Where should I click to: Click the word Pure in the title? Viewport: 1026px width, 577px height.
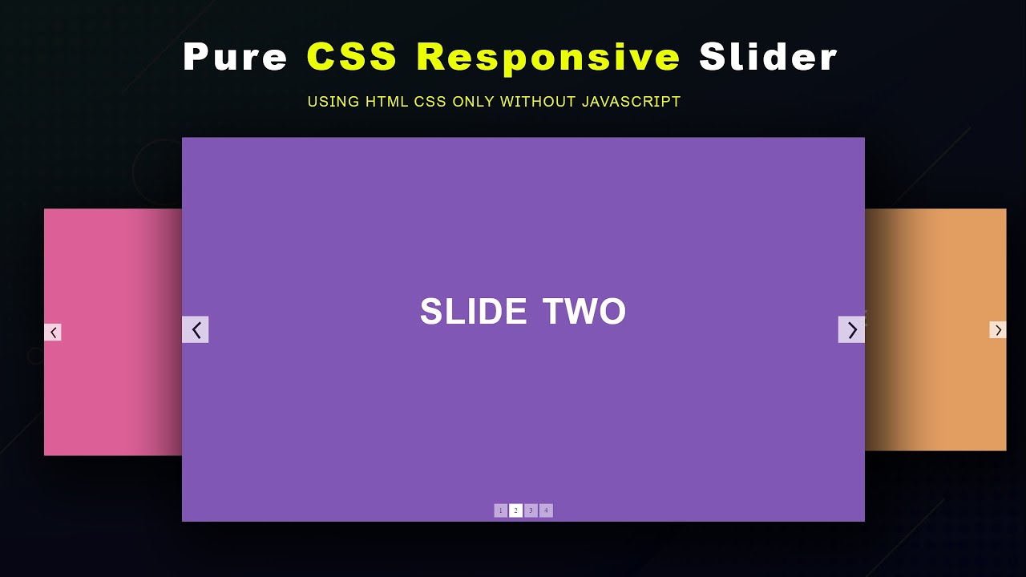pyautogui.click(x=235, y=58)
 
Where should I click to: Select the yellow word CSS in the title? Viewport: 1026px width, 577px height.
pyautogui.click(x=352, y=58)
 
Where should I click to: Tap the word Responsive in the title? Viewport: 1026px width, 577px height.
pyautogui.click(x=548, y=58)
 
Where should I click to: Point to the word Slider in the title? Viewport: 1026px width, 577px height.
pyautogui.click(x=768, y=58)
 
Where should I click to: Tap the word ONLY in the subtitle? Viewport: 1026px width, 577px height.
pyautogui.click(x=474, y=102)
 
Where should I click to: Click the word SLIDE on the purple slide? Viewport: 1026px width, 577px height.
pyautogui.click(x=473, y=312)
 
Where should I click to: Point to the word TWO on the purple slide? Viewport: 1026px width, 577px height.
pyautogui.click(x=584, y=312)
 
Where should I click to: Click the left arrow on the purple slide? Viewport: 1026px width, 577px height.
pyautogui.click(x=196, y=329)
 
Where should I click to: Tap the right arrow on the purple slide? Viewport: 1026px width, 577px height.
pyautogui.click(x=851, y=329)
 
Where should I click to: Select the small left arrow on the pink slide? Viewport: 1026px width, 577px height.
pyautogui.click(x=53, y=332)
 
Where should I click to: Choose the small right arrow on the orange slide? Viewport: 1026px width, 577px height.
pyautogui.click(x=998, y=330)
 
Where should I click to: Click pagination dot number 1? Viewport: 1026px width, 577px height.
pyautogui.click(x=501, y=510)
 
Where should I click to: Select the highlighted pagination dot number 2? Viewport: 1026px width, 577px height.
pyautogui.click(x=515, y=510)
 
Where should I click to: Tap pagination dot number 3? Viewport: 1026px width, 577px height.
pyautogui.click(x=531, y=510)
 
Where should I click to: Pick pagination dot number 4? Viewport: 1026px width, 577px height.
pyautogui.click(x=546, y=510)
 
